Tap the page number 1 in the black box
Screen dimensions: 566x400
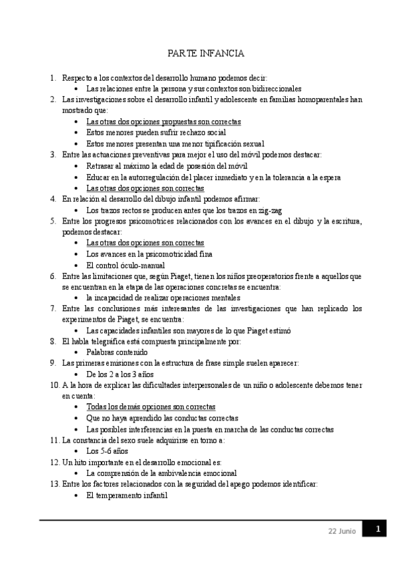coord(377,529)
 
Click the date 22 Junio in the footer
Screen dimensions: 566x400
coord(342,531)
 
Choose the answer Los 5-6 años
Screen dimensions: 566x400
coord(107,451)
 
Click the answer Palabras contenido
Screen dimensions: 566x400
coord(117,352)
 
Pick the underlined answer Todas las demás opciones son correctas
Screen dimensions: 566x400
coord(151,406)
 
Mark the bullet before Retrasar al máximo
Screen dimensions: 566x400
coord(77,166)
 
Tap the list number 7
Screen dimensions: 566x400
coord(53,308)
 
